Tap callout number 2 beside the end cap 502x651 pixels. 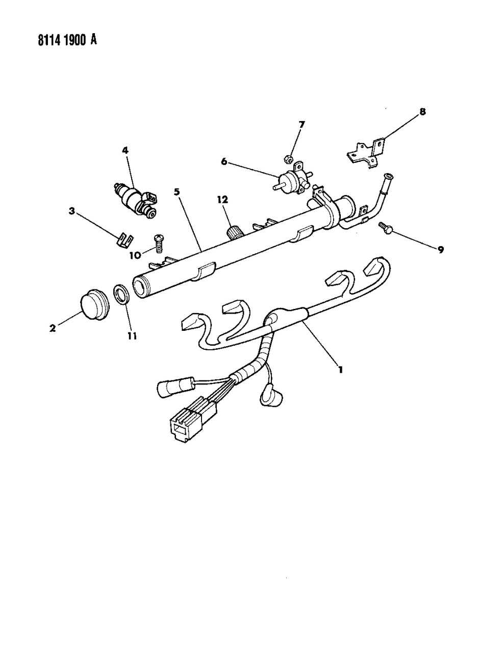tap(52, 329)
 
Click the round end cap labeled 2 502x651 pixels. tap(94, 305)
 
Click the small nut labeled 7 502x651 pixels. tap(287, 145)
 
